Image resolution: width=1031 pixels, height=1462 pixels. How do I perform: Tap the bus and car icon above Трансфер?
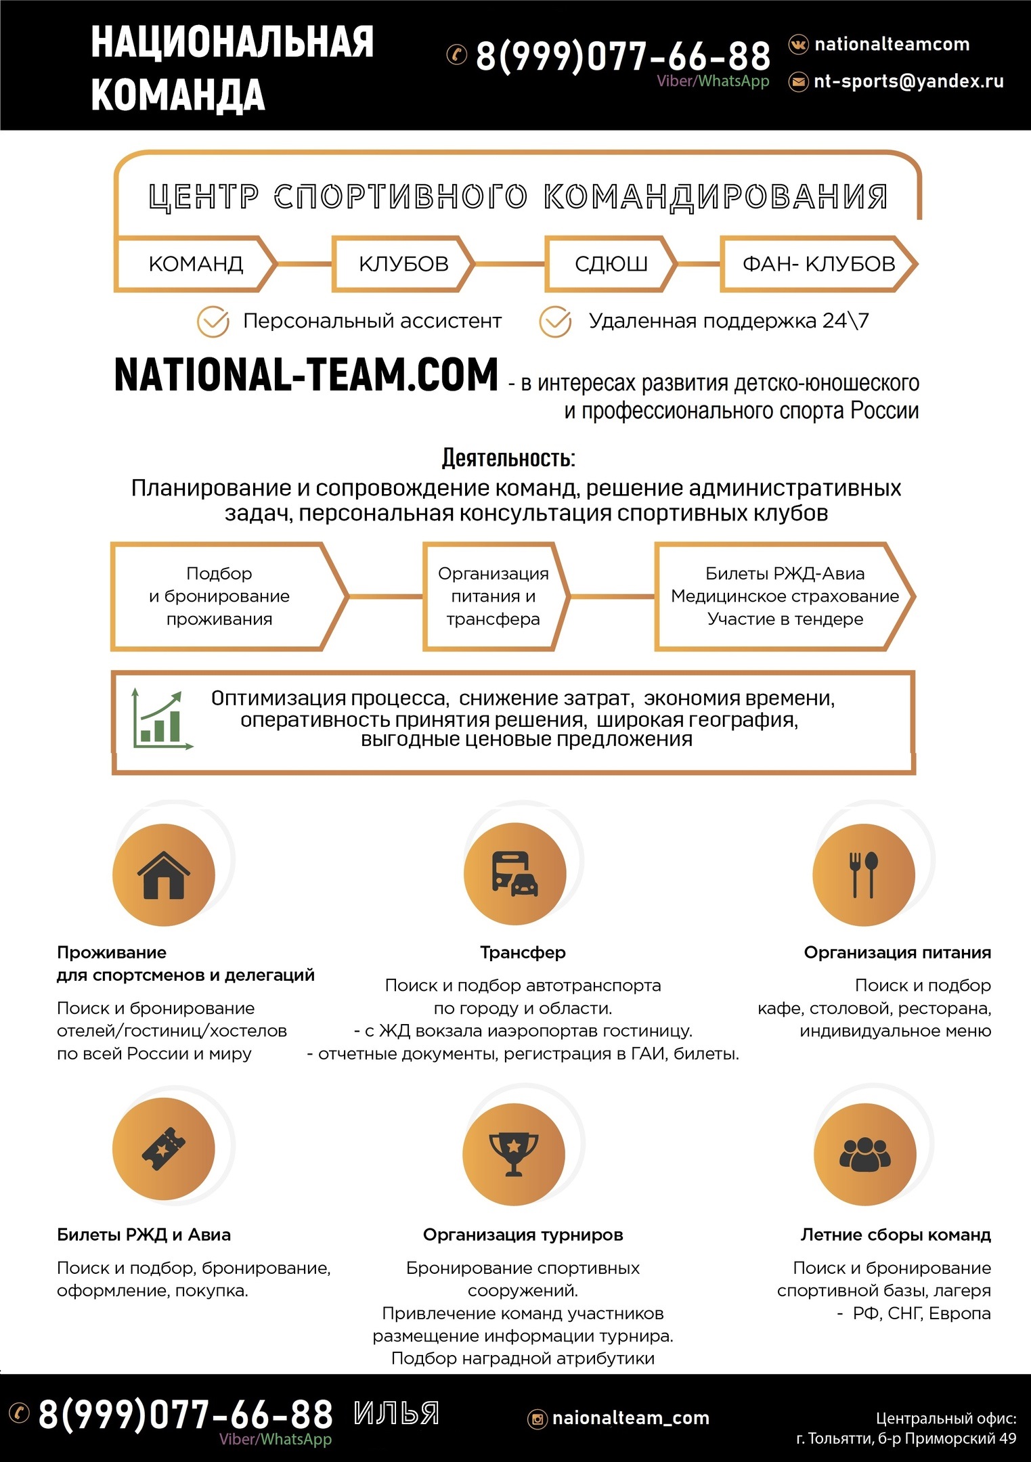[514, 874]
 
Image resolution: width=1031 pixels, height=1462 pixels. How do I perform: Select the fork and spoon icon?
[863, 874]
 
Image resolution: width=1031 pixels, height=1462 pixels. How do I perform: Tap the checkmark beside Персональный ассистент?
[213, 322]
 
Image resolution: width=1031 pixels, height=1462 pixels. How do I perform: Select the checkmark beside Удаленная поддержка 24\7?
[555, 322]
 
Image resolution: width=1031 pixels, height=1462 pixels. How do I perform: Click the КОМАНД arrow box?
[195, 264]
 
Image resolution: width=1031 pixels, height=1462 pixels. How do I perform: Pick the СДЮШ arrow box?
[610, 264]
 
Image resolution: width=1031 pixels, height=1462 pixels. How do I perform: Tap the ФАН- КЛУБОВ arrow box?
[818, 264]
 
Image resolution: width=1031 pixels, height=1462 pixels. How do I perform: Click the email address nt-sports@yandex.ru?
[908, 81]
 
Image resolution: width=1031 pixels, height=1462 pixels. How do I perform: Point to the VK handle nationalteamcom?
[892, 45]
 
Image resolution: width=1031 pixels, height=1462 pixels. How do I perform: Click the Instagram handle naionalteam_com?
[630, 1418]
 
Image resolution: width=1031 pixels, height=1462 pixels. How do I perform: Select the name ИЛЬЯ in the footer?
[397, 1413]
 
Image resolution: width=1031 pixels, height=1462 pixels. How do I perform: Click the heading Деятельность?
[508, 458]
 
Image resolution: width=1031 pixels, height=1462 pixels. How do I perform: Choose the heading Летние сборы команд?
[895, 1235]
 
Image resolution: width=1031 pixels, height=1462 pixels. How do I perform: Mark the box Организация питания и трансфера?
[493, 596]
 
